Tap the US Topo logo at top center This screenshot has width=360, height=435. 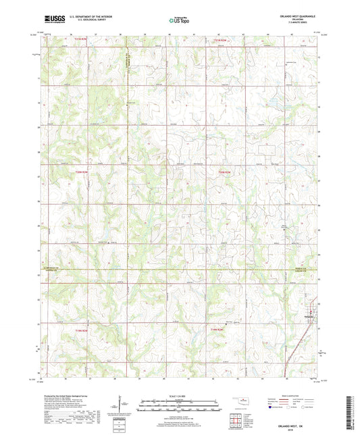[x=180, y=21]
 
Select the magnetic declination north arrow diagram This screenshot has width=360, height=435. [x=122, y=405]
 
